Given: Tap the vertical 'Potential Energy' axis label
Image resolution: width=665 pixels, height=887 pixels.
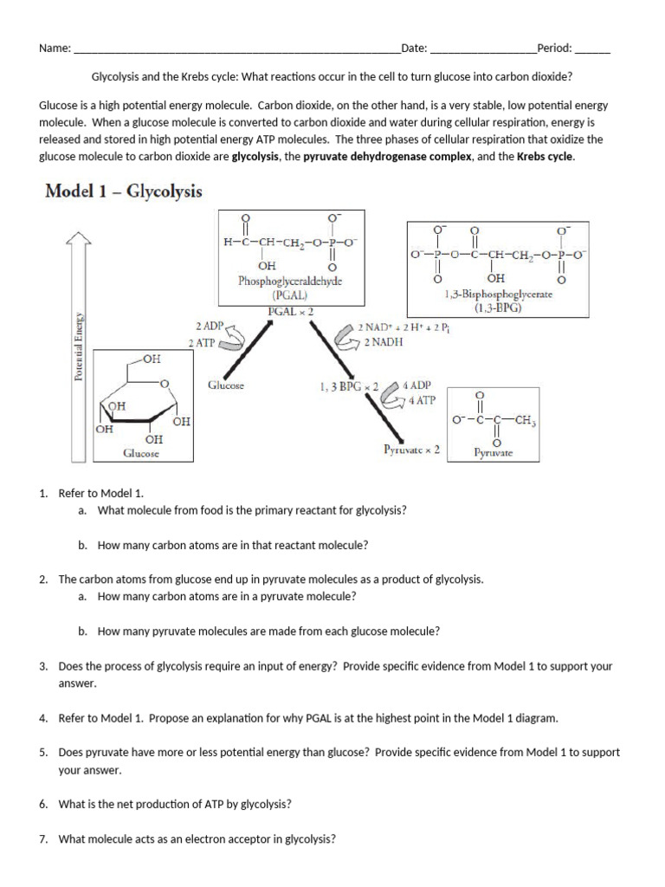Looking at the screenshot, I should pyautogui.click(x=79, y=346).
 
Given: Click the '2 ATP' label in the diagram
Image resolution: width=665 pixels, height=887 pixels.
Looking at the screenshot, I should pyautogui.click(x=203, y=343).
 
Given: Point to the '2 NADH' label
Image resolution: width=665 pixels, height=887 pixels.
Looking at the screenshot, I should pyautogui.click(x=384, y=342).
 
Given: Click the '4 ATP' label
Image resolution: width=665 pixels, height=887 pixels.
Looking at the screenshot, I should pyautogui.click(x=423, y=401).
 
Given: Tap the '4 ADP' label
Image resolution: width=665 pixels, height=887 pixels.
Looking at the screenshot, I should pyautogui.click(x=423, y=385).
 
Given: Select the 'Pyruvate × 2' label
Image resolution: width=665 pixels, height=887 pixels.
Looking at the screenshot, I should pyautogui.click(x=412, y=450).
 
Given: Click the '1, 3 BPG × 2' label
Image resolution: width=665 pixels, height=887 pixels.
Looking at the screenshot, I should pyautogui.click(x=349, y=386).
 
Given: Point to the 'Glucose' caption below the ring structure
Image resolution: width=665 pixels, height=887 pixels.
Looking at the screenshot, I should pyautogui.click(x=140, y=453).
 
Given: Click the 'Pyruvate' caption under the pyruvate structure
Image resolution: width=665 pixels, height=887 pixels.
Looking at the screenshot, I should pyautogui.click(x=493, y=453).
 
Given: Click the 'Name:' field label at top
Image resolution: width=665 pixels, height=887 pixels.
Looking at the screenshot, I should pyautogui.click(x=55, y=49).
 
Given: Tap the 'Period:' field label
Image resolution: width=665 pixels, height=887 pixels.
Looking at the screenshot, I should pyautogui.click(x=554, y=49).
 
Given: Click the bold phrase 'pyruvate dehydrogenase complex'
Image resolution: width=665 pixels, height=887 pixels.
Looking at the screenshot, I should pyautogui.click(x=387, y=157).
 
